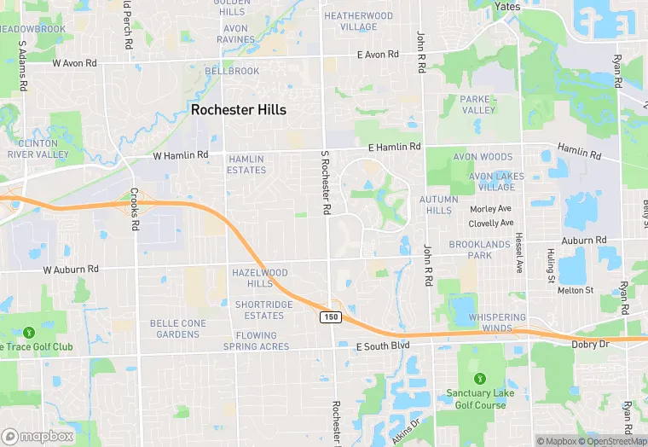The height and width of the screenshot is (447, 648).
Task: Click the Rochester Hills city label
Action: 238,110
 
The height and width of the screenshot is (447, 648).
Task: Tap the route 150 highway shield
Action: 331,317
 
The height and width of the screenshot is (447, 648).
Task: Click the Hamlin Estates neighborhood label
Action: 246,165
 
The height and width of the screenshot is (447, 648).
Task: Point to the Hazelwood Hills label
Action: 260,277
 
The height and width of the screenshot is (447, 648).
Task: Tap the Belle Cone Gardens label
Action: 178,328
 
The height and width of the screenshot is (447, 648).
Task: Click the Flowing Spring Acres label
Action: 256,341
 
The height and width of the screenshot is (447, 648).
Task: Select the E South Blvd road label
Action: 383,345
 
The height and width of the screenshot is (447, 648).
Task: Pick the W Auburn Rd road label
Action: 71,270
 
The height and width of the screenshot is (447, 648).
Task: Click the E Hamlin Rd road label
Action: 395,148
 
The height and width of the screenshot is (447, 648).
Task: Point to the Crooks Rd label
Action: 134,209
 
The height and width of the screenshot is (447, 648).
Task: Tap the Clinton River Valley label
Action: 38,149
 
